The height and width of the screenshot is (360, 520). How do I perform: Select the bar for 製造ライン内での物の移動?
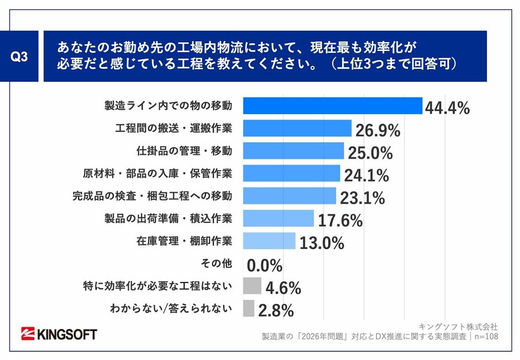[x=332, y=106]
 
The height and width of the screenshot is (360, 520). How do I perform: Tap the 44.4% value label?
[x=447, y=107]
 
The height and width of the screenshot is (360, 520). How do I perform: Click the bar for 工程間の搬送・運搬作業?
[x=297, y=128]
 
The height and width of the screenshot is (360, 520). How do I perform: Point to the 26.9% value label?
[x=378, y=131]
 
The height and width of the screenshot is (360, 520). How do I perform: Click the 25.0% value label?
[x=370, y=153]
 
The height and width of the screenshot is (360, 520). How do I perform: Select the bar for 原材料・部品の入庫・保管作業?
[x=291, y=173]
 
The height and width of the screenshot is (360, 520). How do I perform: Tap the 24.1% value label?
[x=366, y=175]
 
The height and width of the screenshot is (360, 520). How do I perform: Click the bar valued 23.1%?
[x=289, y=196]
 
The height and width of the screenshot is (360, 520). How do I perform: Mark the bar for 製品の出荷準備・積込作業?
[x=278, y=218]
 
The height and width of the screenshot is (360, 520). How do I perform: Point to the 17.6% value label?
[x=340, y=220]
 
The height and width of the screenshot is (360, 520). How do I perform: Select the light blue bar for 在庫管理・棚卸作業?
[x=269, y=241]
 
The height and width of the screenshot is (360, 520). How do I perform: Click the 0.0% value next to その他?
[x=265, y=265]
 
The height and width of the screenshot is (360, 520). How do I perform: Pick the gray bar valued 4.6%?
[x=251, y=286]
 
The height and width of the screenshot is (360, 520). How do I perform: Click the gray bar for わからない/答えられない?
[x=248, y=309]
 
